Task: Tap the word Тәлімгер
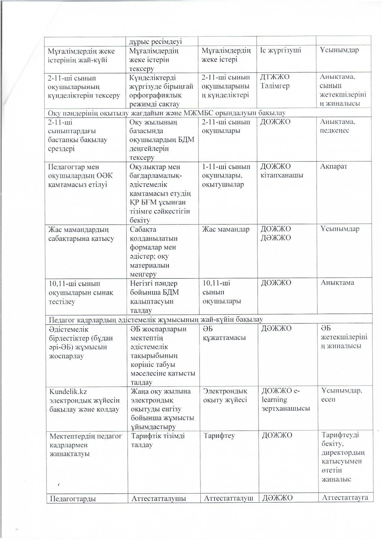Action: click(275, 86)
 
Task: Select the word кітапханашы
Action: click(282, 175)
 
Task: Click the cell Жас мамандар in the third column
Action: click(226, 230)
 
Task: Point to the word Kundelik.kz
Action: click(68, 391)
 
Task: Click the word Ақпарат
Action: click(333, 166)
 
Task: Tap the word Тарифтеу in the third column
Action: click(219, 436)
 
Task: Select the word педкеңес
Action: click(334, 130)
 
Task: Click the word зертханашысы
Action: click(286, 409)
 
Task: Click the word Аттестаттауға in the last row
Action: click(345, 498)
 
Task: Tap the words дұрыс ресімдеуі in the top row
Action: click(156, 42)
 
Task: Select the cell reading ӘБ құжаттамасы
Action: click(224, 333)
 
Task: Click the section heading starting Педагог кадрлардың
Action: click(156, 319)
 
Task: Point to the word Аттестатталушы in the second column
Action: click(159, 498)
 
